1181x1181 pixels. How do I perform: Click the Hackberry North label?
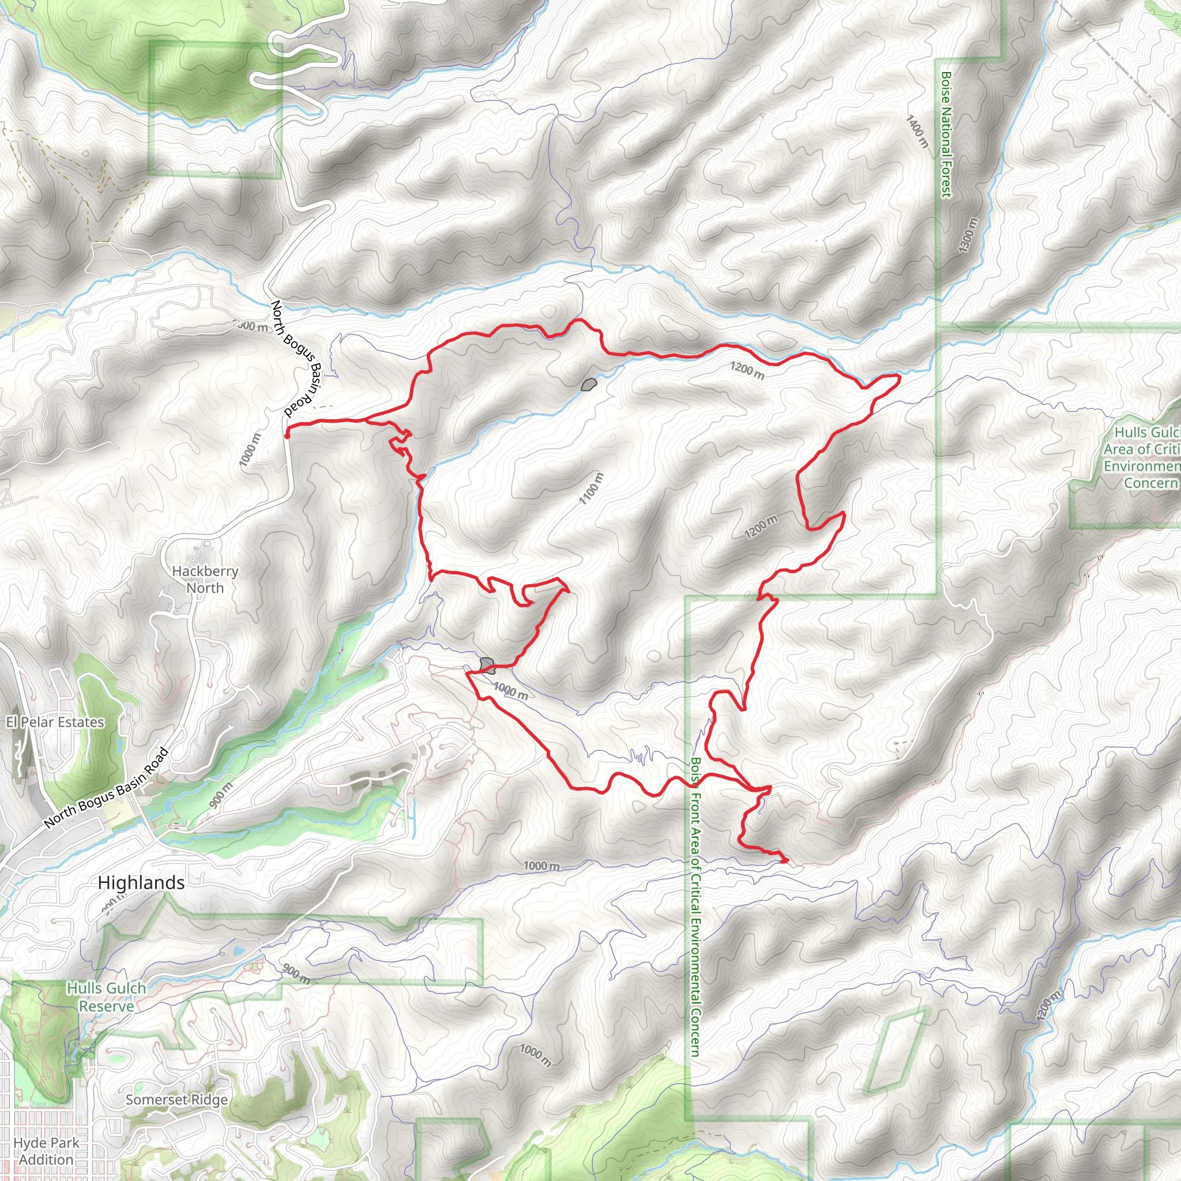click(x=205, y=579)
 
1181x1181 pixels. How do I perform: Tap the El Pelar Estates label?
click(x=55, y=722)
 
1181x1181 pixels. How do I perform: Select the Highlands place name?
click(x=141, y=883)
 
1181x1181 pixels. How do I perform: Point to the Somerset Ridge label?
click(x=176, y=1100)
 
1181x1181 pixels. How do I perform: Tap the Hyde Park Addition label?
click(x=46, y=1151)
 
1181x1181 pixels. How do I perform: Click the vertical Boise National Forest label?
click(x=946, y=134)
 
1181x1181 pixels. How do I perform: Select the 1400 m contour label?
click(x=917, y=131)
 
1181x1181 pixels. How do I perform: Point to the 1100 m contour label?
click(x=591, y=488)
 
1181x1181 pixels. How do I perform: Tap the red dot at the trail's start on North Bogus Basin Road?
click(x=287, y=436)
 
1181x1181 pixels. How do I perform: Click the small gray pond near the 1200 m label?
click(x=589, y=385)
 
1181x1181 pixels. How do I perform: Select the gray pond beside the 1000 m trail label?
click(x=487, y=664)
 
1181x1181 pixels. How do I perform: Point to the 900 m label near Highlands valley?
click(x=221, y=795)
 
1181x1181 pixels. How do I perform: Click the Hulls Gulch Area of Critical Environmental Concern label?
click(x=1141, y=457)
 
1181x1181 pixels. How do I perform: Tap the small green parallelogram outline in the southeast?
click(x=894, y=1051)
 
